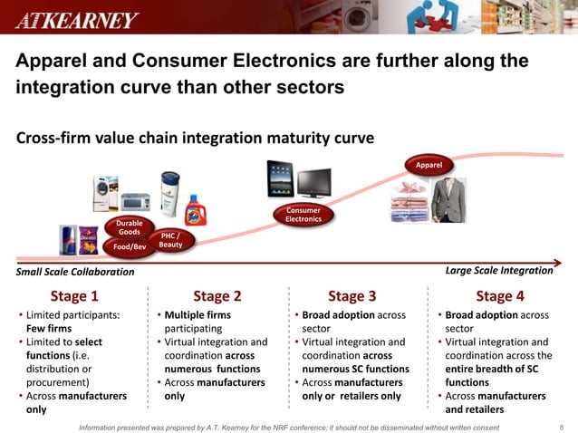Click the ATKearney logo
coord(76,19)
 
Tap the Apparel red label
coord(429,166)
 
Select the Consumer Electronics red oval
coord(303,215)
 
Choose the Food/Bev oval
coord(130,246)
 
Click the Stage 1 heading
coord(74,295)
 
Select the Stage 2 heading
coord(217,295)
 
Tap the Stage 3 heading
coord(352,295)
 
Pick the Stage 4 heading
coord(500,295)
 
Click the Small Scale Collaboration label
coord(75,272)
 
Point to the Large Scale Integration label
coord(499,270)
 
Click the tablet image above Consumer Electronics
coord(280,179)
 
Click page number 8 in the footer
coord(562,426)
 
